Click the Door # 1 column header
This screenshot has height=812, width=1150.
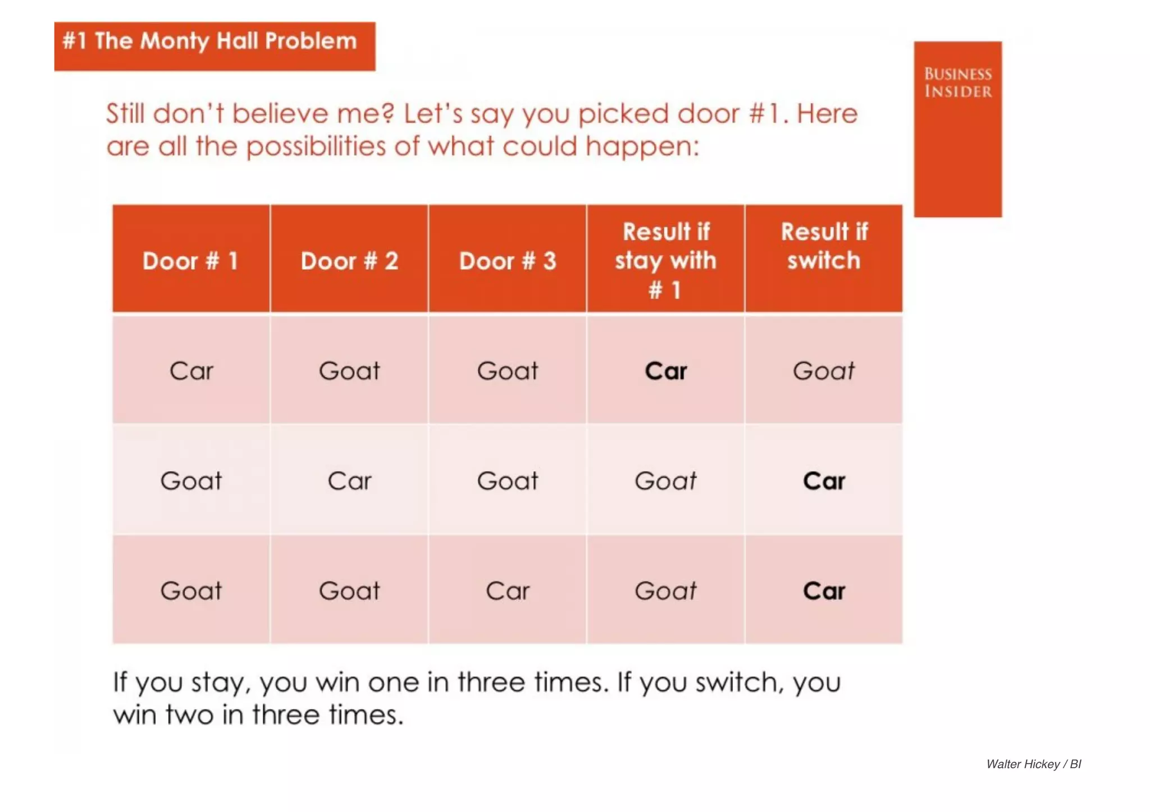coord(190,261)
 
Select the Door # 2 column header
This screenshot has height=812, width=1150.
coord(349,261)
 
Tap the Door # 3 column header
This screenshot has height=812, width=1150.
coord(508,261)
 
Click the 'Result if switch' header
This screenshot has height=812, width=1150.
coord(824,246)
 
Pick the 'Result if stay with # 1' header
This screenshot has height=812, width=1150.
coord(665,260)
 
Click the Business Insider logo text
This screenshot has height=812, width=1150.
coord(958,82)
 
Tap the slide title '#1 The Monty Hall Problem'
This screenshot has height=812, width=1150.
coord(209,41)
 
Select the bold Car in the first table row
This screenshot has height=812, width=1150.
coord(665,371)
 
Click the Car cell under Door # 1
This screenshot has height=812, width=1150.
coord(191,371)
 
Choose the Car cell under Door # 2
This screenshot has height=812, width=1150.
coord(349,481)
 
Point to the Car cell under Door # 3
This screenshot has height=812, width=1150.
coord(508,591)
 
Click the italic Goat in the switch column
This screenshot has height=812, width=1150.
coord(824,371)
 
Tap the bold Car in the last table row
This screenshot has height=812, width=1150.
coord(824,591)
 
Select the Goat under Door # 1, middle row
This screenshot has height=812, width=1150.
coord(191,481)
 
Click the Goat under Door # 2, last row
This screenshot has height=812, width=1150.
coord(349,591)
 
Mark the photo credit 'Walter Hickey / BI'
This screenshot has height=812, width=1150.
coord(1033,764)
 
